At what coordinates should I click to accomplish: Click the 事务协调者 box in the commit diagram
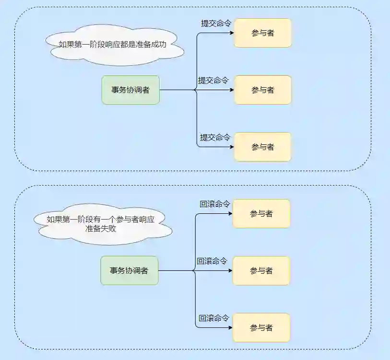tap(130, 90)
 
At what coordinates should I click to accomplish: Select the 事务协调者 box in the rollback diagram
tap(129, 271)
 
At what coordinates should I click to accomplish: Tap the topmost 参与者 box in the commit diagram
tap(262, 33)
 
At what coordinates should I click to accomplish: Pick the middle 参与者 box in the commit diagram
tap(262, 90)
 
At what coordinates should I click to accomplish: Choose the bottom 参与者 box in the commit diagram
tap(262, 147)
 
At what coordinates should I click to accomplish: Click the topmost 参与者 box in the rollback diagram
tap(261, 214)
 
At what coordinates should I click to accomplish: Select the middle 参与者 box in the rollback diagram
tap(261, 271)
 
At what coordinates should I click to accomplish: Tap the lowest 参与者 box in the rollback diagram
tap(261, 328)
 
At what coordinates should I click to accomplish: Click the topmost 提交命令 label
tap(216, 23)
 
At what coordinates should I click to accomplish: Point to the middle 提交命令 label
tap(213, 81)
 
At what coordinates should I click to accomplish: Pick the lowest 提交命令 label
tap(215, 138)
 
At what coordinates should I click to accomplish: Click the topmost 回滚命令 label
tap(214, 204)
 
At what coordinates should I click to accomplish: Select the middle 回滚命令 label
tap(212, 261)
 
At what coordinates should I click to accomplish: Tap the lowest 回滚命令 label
tap(214, 318)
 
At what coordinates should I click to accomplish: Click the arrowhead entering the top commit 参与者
tap(232, 33)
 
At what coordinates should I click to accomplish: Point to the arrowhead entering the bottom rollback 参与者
tap(231, 328)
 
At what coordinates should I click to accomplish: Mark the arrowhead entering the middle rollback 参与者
tap(231, 271)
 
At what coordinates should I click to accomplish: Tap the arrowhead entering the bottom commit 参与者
tap(232, 147)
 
